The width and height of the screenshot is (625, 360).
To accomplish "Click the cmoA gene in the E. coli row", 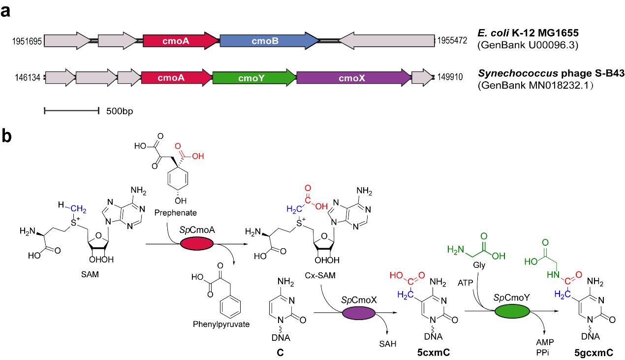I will tap(181, 41).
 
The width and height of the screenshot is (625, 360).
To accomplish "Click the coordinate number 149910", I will tap(448, 78).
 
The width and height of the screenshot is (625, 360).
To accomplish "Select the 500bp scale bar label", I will tap(120, 111).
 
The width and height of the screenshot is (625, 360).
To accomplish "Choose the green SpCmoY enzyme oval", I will tap(513, 313).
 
